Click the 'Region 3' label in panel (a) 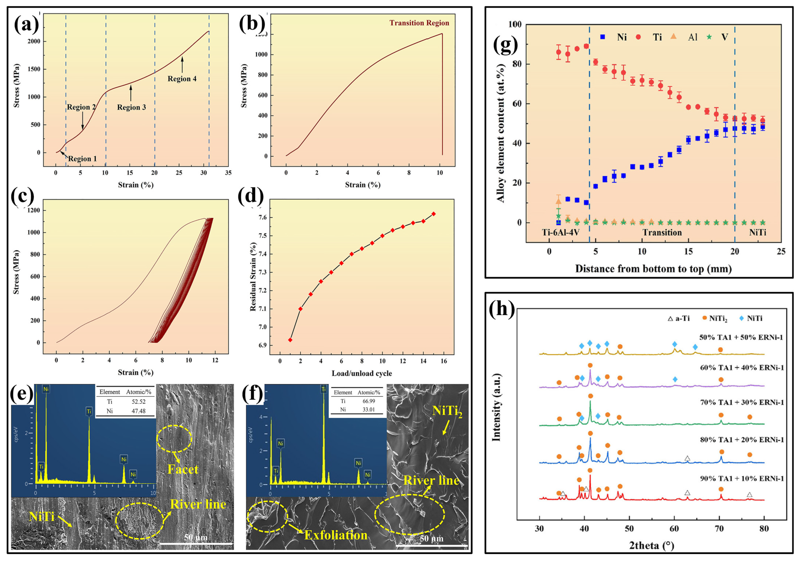[x=131, y=107]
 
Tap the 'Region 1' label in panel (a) [x=82, y=159]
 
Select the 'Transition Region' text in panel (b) [x=419, y=23]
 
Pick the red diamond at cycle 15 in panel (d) [x=433, y=213]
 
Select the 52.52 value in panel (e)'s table [x=139, y=401]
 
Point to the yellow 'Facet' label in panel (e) [x=183, y=469]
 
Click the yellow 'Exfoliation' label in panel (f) [x=336, y=535]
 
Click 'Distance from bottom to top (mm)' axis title [x=653, y=269]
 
